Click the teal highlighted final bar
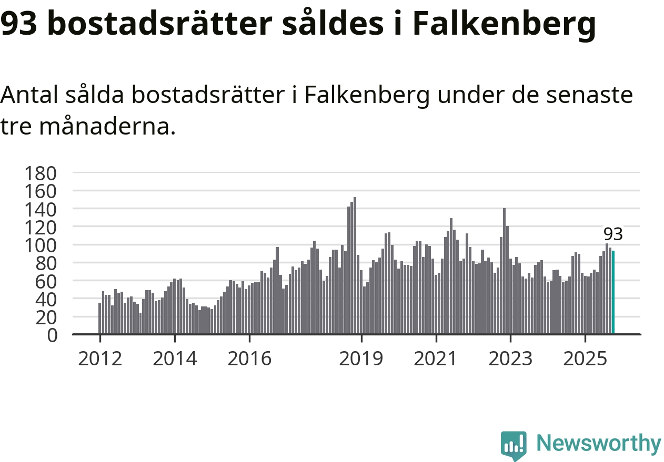click(613, 292)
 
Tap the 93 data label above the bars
click(613, 234)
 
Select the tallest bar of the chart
click(355, 265)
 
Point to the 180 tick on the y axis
click(45, 173)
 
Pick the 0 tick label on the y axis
click(52, 335)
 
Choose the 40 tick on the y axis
click(45, 299)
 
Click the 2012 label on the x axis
click(99, 359)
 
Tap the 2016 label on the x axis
click(249, 359)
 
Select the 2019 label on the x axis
click(361, 359)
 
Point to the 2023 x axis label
click(510, 359)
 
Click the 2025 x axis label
click(585, 359)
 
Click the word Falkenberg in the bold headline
click(504, 24)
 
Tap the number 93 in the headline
click(21, 24)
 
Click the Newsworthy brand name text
click(599, 444)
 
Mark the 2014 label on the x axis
click(174, 359)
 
